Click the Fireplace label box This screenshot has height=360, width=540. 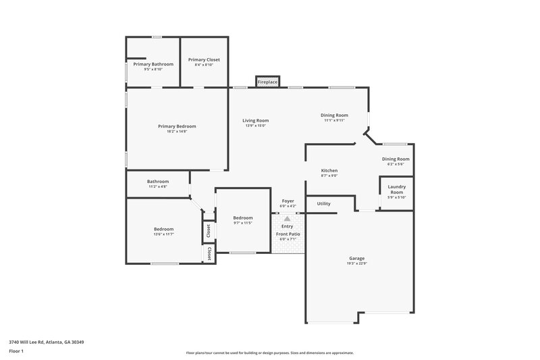point(268,82)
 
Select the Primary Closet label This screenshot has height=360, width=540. point(204,59)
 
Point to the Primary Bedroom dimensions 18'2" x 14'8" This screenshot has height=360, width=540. point(177,132)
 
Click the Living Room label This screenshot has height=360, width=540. point(255,120)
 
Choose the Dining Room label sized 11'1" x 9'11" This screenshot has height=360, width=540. point(334,115)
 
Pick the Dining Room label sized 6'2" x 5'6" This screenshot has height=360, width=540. point(395,159)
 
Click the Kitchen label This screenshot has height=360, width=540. point(329,170)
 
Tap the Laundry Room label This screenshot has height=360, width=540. point(396,188)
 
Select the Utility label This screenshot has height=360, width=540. point(323,203)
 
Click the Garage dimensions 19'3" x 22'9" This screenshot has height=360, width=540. point(356,264)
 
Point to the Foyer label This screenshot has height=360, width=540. point(288,201)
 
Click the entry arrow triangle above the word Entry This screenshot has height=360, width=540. point(288,219)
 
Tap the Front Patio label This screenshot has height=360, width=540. point(288,234)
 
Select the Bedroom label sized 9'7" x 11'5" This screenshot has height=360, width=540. point(243,217)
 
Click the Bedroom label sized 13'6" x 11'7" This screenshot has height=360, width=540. point(163,229)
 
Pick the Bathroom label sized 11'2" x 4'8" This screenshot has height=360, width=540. point(158,181)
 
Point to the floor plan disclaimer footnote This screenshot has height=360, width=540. point(269,353)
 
